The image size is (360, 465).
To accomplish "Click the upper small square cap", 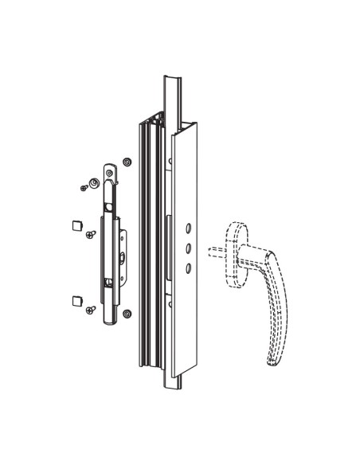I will pyautogui.click(x=77, y=225).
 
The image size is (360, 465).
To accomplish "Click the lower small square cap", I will pyautogui.click(x=77, y=300).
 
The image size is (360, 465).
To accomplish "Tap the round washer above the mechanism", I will pyautogui.click(x=126, y=162).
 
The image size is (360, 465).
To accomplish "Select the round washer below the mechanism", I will pyautogui.click(x=126, y=315).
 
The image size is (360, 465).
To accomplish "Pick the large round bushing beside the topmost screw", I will pyautogui.click(x=95, y=183).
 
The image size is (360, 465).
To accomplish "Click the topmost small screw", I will pyautogui.click(x=84, y=188).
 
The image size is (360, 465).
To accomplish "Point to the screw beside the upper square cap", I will pyautogui.click(x=92, y=234).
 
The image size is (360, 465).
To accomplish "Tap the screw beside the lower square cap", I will pyautogui.click(x=92, y=308).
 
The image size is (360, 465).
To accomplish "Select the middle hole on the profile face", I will pyautogui.click(x=186, y=248).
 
